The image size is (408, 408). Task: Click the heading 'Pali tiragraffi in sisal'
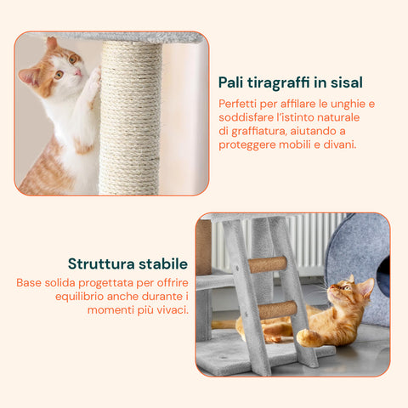[x=291, y=82]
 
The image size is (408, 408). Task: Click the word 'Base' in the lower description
[x=31, y=281]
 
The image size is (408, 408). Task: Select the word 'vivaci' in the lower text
[x=169, y=309]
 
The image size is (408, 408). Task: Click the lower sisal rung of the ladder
[x=278, y=309]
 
